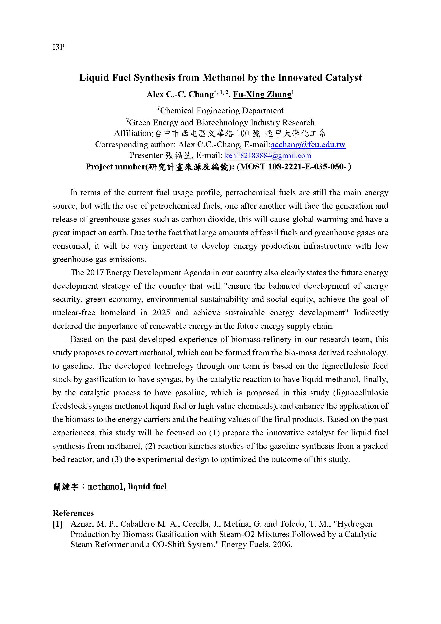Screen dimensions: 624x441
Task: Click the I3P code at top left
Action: tap(58, 47)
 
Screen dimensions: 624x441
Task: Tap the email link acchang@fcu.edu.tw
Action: tap(308, 144)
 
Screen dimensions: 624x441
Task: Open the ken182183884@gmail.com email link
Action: tap(268, 156)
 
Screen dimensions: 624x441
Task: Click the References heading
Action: tap(73, 513)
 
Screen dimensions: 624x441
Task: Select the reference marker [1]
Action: tap(58, 524)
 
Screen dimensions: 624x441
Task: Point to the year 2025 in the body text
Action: tap(161, 312)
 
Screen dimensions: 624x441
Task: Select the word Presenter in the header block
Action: tap(146, 156)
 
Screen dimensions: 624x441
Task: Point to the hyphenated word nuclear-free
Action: tap(74, 312)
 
